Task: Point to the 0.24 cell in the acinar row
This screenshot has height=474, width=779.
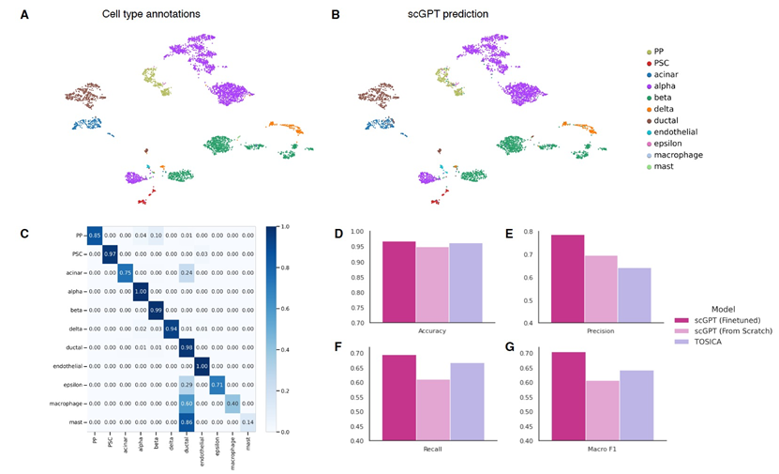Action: [x=186, y=272]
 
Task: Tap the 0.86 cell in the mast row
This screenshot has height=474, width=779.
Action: [x=186, y=421]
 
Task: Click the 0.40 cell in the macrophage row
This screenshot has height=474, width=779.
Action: [x=233, y=403]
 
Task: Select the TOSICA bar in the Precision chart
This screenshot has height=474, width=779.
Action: [x=633, y=295]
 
